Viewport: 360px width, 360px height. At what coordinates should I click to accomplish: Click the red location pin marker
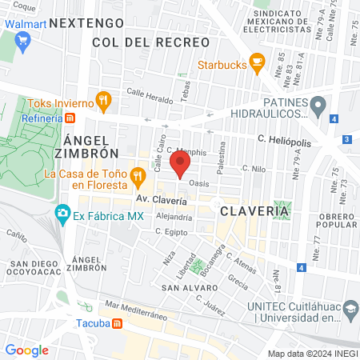[x=180, y=165]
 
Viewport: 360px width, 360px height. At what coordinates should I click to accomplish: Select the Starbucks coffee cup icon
[x=257, y=61]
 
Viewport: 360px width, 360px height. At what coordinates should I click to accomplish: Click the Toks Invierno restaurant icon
[x=102, y=101]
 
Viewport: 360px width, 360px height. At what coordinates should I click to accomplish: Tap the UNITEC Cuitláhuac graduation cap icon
[x=350, y=308]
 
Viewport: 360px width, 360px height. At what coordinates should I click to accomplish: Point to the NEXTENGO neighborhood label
[x=86, y=24]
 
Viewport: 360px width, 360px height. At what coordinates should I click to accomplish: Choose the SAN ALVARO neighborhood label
[x=186, y=286]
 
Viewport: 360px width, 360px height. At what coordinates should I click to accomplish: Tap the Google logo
[x=26, y=350]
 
